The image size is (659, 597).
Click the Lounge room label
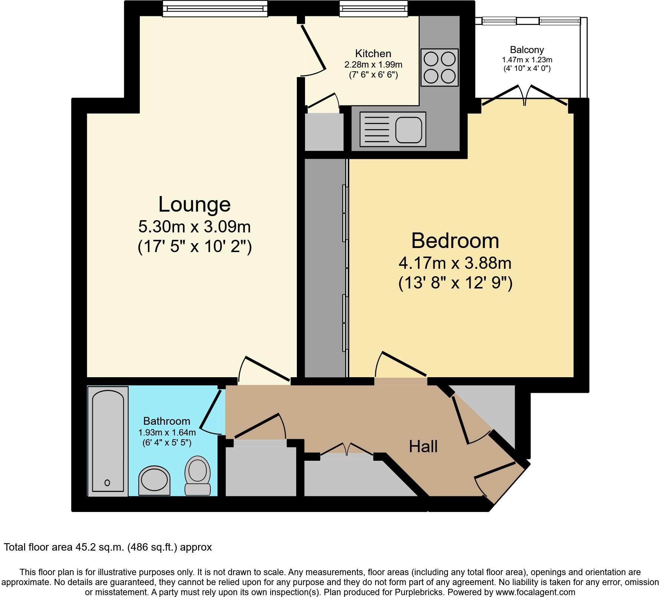pos(194,204)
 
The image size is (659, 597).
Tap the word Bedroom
pos(455,241)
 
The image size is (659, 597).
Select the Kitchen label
pos(373,53)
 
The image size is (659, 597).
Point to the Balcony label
pos(527,50)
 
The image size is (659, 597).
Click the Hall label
pos(423,446)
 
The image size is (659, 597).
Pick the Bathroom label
pos(167,421)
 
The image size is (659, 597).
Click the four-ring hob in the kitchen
pos(440,67)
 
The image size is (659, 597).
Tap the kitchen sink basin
pos(409,130)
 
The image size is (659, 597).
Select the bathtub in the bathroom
pos(108,441)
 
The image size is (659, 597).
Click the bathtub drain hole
pos(107,483)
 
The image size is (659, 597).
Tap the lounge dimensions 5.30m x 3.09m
pos(194,226)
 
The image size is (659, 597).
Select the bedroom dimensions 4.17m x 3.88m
pos(455,263)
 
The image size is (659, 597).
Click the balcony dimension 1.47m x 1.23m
pos(527,60)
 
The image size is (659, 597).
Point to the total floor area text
pos(108,547)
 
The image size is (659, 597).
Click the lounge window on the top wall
pos(215,8)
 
